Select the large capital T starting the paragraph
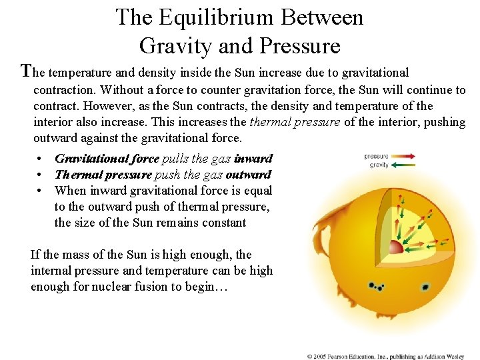pyautogui.click(x=27, y=71)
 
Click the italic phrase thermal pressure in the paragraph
pyautogui.click(x=294, y=122)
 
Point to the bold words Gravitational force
pyautogui.click(x=107, y=159)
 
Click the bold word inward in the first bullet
pyautogui.click(x=253, y=159)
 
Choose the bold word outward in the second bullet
pyautogui.click(x=248, y=175)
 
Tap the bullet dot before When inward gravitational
pyautogui.click(x=41, y=191)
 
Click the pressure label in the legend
pyautogui.click(x=376, y=156)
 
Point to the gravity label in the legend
pyautogui.click(x=379, y=165)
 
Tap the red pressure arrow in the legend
pyautogui.click(x=404, y=156)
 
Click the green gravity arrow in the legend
pyautogui.click(x=404, y=165)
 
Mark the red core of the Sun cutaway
pyautogui.click(x=395, y=247)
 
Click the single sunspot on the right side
pyautogui.click(x=425, y=288)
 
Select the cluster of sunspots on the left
pyautogui.click(x=377, y=287)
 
